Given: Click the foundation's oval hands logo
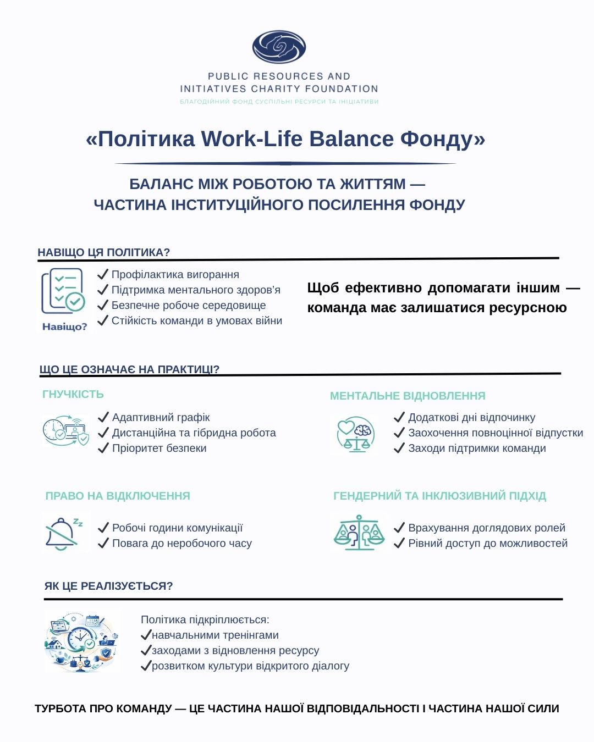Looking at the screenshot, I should click(x=279, y=47).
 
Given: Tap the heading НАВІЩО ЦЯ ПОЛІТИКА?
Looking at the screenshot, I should click(x=104, y=252).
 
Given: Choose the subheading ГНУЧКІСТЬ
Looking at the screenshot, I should click(x=73, y=394).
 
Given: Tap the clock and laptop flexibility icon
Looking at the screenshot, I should click(x=65, y=431).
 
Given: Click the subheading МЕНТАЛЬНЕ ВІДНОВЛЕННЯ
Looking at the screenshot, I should click(x=408, y=396).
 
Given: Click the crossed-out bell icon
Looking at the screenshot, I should click(x=63, y=532).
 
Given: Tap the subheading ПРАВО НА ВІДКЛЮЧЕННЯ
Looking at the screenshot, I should click(x=118, y=496).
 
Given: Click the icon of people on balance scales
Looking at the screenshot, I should click(x=359, y=532).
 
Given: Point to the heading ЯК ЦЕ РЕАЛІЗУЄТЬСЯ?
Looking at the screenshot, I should click(x=109, y=586).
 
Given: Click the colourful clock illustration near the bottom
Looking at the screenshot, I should click(x=82, y=641).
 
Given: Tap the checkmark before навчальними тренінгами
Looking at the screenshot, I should click(x=146, y=635).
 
